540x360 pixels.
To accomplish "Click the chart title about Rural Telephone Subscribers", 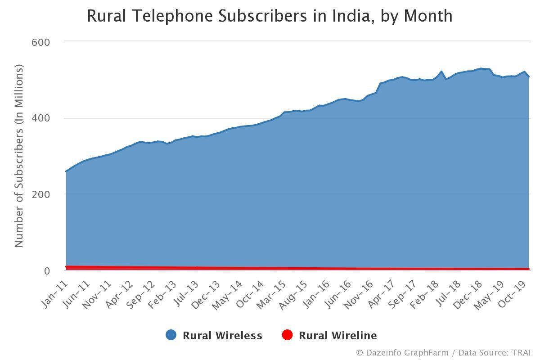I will tap(270, 16).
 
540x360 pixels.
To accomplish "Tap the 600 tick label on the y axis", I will tap(40, 42).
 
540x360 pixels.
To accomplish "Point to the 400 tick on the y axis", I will tap(40, 118).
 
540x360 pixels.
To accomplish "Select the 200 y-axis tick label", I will tap(40, 194).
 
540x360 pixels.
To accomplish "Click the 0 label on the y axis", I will tap(47, 271).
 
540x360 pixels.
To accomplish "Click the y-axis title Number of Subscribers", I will tap(18, 156).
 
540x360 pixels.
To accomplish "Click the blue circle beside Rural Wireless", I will tap(171, 335).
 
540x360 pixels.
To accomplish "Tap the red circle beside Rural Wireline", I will tap(287, 335).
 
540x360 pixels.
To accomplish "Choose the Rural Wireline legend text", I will tap(337, 336).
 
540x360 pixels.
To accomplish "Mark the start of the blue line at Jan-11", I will tap(67, 171).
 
